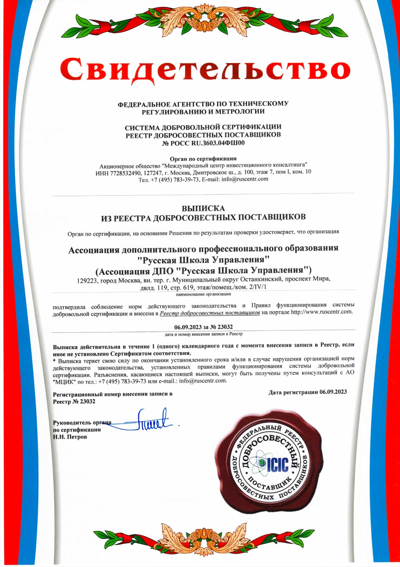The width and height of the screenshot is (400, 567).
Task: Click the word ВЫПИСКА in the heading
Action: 203,208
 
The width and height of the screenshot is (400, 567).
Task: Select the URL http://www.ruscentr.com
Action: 321,312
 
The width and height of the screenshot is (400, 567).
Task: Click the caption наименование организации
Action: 203,294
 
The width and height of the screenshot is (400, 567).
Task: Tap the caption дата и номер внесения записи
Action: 203,334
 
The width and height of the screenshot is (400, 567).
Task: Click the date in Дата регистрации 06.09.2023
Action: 333,392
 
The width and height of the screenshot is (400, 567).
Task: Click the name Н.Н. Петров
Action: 70,437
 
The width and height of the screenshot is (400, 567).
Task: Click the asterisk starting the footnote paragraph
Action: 55,359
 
